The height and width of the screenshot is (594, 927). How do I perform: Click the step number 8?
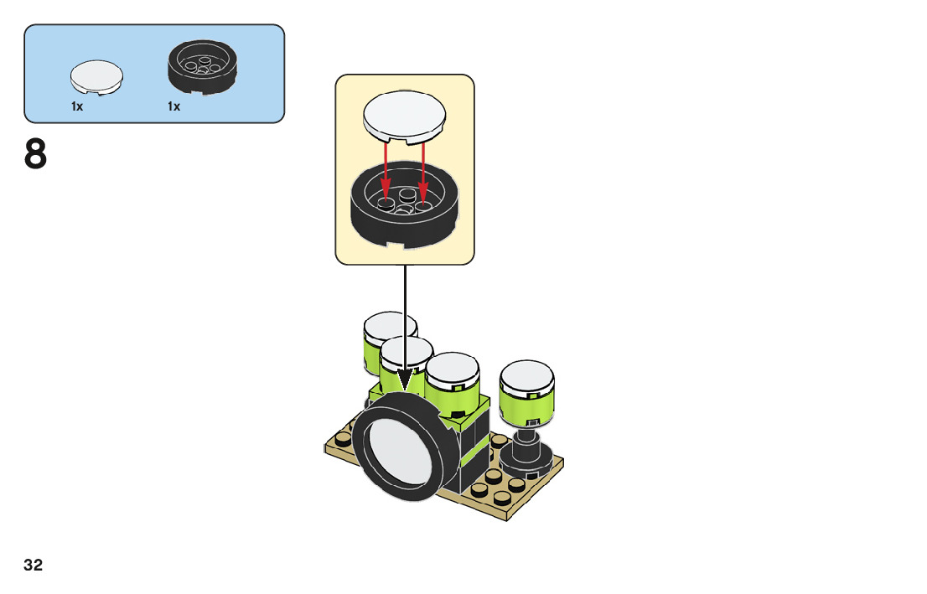pos(36,156)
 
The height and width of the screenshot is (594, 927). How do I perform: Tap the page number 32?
pos(33,566)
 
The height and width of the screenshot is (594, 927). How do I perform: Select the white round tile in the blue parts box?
pos(96,78)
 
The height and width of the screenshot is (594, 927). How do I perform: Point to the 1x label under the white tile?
pos(77,106)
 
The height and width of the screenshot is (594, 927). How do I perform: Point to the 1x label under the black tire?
pos(173,106)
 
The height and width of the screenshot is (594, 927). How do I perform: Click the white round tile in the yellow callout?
pos(405,116)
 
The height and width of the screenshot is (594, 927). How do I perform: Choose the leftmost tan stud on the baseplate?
pos(341,441)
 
